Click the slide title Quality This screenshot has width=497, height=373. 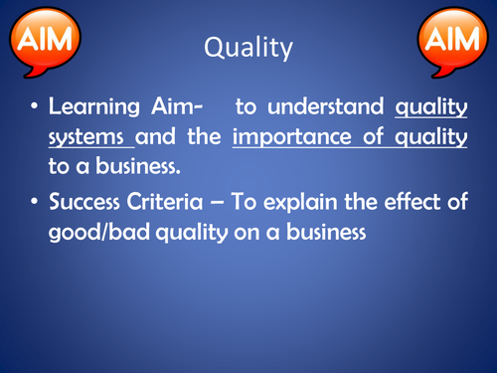coord(248,48)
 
